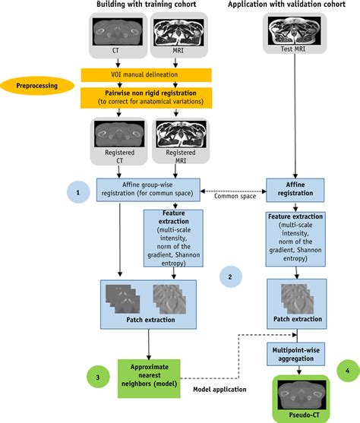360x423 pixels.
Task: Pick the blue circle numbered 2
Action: tap(229, 276)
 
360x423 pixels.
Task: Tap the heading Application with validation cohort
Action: tap(292, 6)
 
